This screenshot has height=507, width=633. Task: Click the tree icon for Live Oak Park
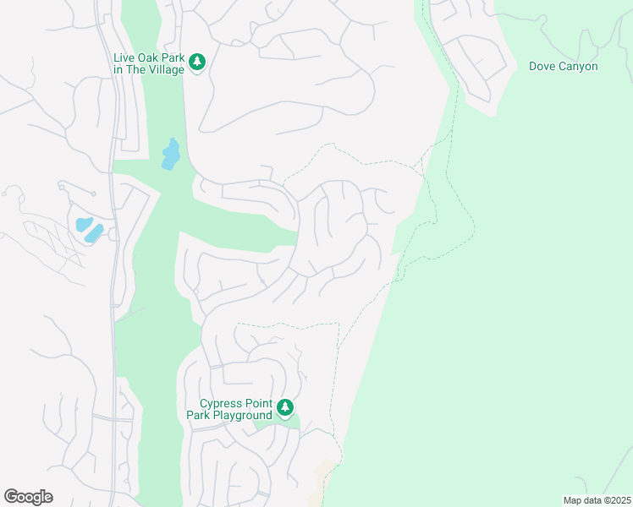[x=197, y=62]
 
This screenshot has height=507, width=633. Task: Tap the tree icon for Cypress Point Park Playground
[x=285, y=408]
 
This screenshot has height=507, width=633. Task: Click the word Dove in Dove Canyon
[x=543, y=66]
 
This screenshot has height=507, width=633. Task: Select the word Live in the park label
[x=124, y=58]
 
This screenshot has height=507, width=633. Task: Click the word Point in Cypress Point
[x=256, y=404]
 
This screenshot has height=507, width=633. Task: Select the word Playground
[x=242, y=415]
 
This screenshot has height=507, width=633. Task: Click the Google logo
[x=28, y=497]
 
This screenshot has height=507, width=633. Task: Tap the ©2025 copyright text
[x=611, y=500]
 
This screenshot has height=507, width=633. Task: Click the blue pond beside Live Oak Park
[x=171, y=155]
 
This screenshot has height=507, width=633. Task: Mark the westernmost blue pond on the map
[x=84, y=225]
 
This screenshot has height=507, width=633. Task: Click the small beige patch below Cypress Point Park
[x=323, y=473]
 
